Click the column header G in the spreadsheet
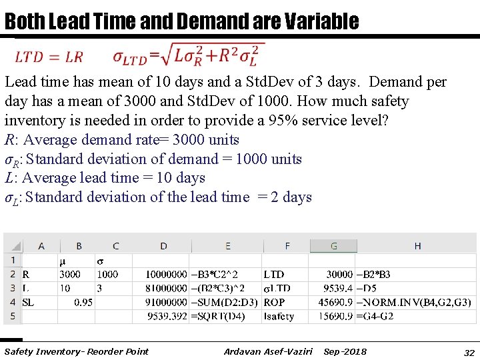click(x=333, y=246)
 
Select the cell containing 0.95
click(x=83, y=302)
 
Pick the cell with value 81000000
click(x=166, y=288)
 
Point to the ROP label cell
click(x=274, y=302)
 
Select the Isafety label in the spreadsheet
click(x=279, y=316)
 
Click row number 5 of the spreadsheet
click(x=13, y=316)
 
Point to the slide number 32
click(x=469, y=352)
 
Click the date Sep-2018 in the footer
click(x=345, y=351)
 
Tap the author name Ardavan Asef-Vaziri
click(x=268, y=351)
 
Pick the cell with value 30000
click(x=339, y=274)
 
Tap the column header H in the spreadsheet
click(x=417, y=246)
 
